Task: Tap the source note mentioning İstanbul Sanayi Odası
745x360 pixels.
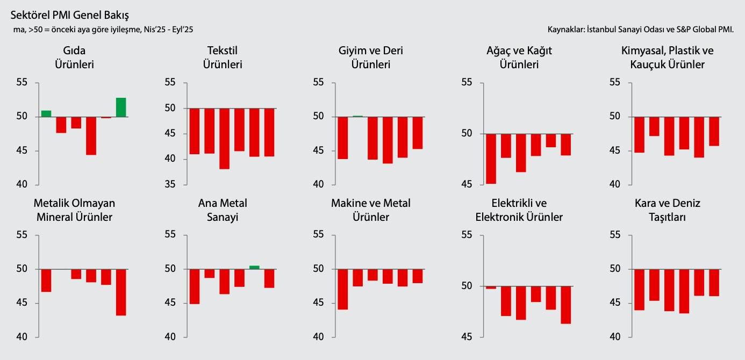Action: [x=640, y=29]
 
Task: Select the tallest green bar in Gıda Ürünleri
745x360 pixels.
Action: [x=121, y=107]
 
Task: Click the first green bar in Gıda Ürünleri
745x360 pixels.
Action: [x=46, y=113]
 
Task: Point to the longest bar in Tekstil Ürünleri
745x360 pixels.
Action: [x=224, y=139]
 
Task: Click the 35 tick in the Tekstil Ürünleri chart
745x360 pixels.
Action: [x=169, y=184]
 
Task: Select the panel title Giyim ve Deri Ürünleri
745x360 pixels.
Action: [x=370, y=57]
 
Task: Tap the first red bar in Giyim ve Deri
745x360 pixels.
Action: [x=343, y=138]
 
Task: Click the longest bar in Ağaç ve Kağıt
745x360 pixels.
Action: [x=491, y=159]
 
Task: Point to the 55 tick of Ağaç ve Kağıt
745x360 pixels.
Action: [x=466, y=83]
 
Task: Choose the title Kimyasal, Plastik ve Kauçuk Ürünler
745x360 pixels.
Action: [x=667, y=57]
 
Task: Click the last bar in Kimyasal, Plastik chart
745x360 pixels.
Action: [x=714, y=131]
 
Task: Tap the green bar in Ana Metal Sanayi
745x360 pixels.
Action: [x=254, y=267]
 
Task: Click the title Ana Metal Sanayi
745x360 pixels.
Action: [x=223, y=210]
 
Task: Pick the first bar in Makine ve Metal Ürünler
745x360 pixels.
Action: [x=343, y=289]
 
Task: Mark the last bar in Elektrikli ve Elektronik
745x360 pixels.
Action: [x=565, y=305]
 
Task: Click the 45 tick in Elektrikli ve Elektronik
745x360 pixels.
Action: [x=466, y=337]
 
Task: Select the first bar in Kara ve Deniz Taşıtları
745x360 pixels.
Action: [x=639, y=289]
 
